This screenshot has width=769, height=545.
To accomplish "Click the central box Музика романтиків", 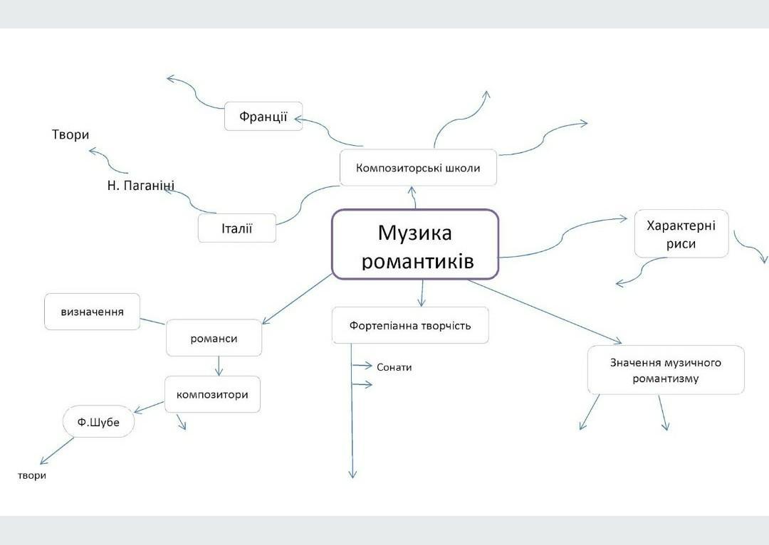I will tap(415, 244).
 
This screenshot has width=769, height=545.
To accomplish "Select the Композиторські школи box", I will tap(418, 168).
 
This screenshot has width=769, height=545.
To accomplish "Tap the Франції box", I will tap(263, 116).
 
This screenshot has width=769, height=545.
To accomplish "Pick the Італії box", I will tap(236, 228).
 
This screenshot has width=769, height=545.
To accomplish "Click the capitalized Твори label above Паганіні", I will tap(70, 134).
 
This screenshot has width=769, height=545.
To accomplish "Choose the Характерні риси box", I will tap(681, 234).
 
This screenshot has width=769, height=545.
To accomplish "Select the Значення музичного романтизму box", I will tap(665, 370).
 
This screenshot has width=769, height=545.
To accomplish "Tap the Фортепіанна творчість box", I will tap(410, 325).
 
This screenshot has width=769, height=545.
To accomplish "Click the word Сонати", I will tap(394, 367).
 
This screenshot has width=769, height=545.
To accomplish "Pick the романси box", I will tap(214, 338).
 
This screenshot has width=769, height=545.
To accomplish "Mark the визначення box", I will tap(92, 312).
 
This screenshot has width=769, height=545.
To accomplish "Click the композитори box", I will tap(212, 393).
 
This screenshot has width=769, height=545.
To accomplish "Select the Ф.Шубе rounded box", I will tap(98, 423).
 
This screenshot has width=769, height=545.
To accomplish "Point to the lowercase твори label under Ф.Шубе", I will tap(32, 475).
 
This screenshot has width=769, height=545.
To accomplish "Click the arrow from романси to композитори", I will tap(219, 365).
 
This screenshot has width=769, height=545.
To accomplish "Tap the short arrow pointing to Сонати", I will tap(363, 366).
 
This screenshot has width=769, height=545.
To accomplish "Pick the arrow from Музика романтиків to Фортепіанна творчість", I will tap(423, 293).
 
